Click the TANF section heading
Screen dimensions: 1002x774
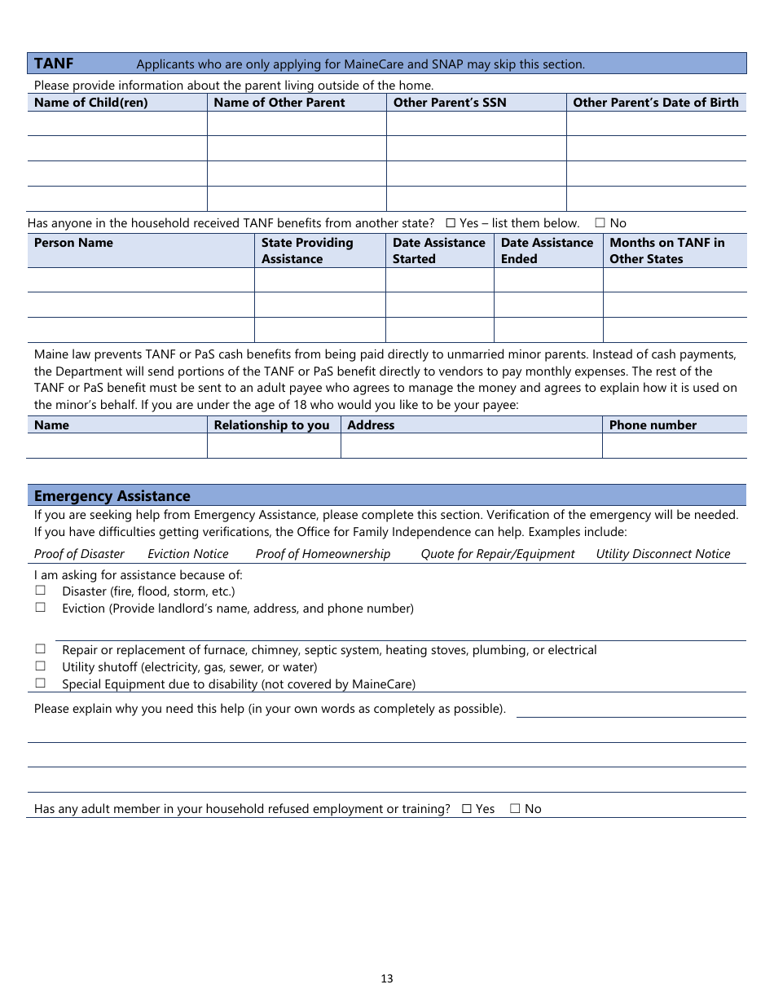[54, 64]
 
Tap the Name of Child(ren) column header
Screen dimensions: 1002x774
[91, 103]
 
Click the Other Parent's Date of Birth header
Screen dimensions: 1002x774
[655, 103]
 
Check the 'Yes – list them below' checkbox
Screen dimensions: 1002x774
[451, 223]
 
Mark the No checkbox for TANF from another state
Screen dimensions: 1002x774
[600, 223]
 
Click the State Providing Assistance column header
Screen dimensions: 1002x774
[307, 251]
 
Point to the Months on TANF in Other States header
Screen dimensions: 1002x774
[666, 251]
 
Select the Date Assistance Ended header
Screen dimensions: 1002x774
[547, 251]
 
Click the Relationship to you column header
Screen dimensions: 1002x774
[271, 425]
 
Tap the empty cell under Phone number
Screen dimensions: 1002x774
[674, 446]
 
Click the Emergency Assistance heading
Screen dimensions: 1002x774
[112, 496]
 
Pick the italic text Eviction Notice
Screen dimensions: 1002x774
[188, 554]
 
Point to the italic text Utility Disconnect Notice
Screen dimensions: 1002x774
[662, 554]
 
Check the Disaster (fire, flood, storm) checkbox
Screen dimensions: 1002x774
[40, 591]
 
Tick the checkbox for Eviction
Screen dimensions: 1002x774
[40, 608]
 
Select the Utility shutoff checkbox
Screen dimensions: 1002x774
[40, 666]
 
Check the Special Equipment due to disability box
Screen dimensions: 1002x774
[40, 683]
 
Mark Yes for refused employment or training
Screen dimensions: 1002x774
[467, 809]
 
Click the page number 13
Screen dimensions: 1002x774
[387, 978]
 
